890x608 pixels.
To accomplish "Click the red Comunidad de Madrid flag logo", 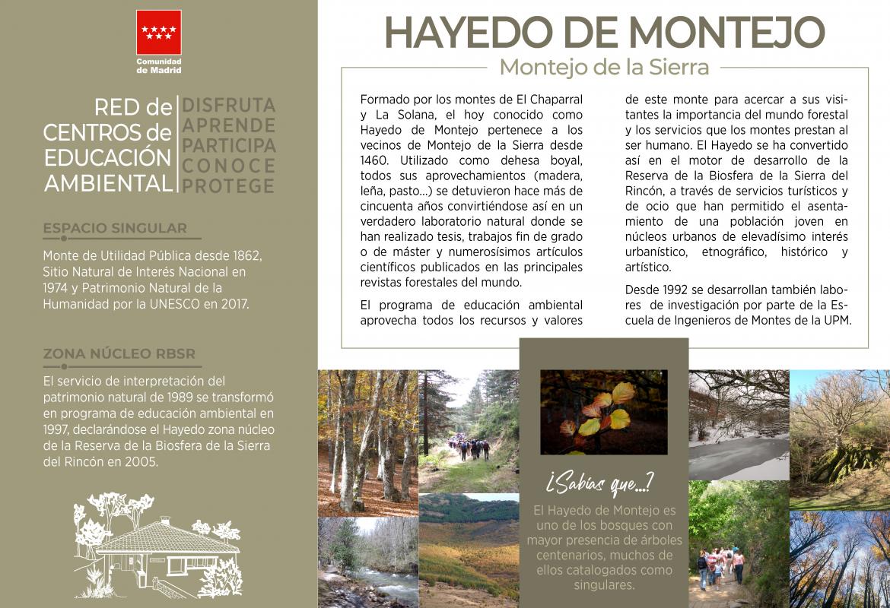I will [159, 33].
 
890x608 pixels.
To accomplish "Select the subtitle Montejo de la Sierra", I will [604, 67].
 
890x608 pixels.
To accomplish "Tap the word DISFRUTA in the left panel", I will [228, 106].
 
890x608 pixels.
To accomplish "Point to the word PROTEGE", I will [228, 186].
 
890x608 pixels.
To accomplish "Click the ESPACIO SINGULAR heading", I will [115, 228].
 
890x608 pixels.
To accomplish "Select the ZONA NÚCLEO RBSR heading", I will [119, 353].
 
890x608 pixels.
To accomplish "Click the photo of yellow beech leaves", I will [603, 412].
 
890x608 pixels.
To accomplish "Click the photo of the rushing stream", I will [367, 562].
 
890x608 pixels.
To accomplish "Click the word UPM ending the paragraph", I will [837, 320].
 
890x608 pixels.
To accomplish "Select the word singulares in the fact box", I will [603, 585].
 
